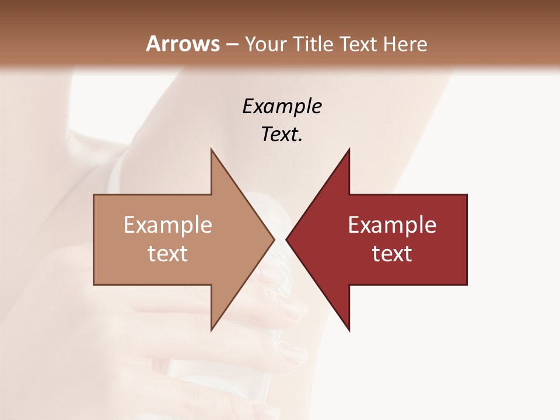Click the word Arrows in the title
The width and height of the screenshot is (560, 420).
pyautogui.click(x=183, y=44)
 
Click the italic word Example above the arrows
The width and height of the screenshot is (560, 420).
pyautogui.click(x=282, y=106)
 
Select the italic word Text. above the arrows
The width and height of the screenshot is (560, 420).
pyautogui.click(x=282, y=134)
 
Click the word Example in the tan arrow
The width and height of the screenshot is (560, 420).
pyautogui.click(x=168, y=225)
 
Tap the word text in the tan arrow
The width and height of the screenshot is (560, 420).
pyautogui.click(x=168, y=254)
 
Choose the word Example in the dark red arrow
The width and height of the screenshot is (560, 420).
pyautogui.click(x=392, y=225)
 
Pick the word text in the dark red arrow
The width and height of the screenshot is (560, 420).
pyautogui.click(x=392, y=254)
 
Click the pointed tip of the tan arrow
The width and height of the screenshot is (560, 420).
pyautogui.click(x=274, y=239)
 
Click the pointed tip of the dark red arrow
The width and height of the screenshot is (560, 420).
pyautogui.click(x=286, y=239)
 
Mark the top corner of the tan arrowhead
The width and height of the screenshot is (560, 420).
pyautogui.click(x=211, y=149)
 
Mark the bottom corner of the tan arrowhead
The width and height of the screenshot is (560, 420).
pyautogui.click(x=211, y=330)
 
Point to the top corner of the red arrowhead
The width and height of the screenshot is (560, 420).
pyautogui.click(x=349, y=149)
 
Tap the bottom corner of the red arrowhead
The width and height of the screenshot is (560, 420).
pyautogui.click(x=349, y=330)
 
